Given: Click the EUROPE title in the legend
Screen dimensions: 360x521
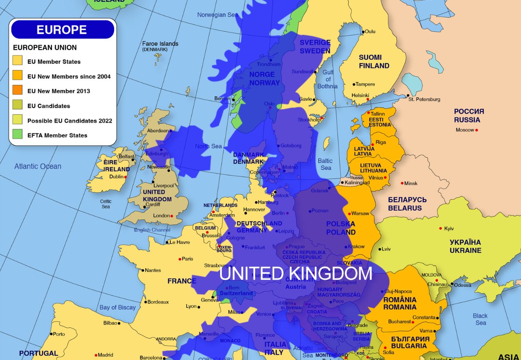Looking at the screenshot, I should click(x=62, y=30).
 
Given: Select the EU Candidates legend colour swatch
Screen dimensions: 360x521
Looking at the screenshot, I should click(x=17, y=106).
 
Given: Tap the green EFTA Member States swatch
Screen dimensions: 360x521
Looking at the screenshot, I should click(x=17, y=136).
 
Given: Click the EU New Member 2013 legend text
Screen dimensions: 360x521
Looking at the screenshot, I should click(x=58, y=91).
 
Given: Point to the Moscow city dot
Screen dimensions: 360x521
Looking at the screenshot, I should click(x=477, y=130).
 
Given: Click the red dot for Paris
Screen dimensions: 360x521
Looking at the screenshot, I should click(x=180, y=259).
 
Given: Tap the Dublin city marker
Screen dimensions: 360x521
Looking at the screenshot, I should click(x=126, y=177).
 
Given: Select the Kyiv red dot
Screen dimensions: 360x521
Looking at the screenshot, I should click(x=441, y=228).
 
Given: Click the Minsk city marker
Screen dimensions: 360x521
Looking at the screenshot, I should click(x=402, y=183).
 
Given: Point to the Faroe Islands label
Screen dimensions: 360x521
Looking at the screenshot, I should click(x=160, y=44).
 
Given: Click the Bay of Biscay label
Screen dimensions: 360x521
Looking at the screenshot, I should click(x=117, y=307).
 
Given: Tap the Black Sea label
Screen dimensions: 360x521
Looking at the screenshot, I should click(x=480, y=319).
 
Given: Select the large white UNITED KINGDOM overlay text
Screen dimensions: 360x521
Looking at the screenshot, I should click(x=295, y=273).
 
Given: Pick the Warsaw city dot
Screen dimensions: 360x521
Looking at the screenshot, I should click(x=349, y=213).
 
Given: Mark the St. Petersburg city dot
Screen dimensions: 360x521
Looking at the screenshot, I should click(x=408, y=95).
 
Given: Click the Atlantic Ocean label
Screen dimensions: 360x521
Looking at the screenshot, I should click(x=38, y=166).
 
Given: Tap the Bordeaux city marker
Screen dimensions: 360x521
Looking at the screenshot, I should click(x=145, y=302).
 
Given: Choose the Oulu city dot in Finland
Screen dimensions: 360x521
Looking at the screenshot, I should click(x=363, y=32).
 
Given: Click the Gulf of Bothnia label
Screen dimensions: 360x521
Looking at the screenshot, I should click(x=327, y=79).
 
